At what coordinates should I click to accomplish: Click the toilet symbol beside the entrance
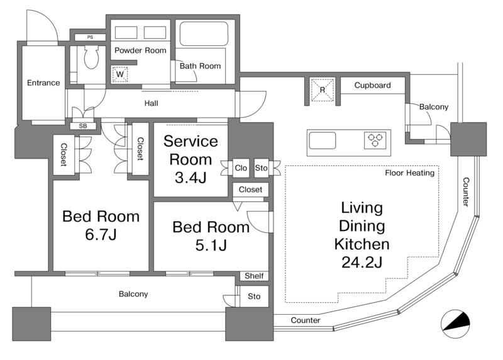point(91,57)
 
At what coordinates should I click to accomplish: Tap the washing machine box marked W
point(120,74)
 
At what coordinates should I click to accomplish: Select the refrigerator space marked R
point(323,89)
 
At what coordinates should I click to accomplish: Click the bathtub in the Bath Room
point(204,33)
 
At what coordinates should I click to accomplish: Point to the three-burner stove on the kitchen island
point(375,140)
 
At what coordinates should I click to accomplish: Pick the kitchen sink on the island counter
point(322,140)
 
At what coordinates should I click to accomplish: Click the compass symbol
point(455,324)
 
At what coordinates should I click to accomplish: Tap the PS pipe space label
point(90,37)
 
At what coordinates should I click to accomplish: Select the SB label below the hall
point(83,126)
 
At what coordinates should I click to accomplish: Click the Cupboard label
point(372,85)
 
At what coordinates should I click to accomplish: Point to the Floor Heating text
point(410,173)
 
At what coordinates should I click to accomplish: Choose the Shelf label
point(254,276)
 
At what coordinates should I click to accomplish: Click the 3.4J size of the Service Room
point(191,177)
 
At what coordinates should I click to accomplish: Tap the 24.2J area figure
point(362,262)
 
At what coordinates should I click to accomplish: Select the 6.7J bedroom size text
point(101,234)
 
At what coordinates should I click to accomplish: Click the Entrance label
point(43,83)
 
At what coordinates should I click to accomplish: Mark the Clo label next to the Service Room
point(241,168)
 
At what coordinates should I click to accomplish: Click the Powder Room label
point(140,50)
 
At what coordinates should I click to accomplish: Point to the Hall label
point(151,103)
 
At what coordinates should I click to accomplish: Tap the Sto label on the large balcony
point(254,296)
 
